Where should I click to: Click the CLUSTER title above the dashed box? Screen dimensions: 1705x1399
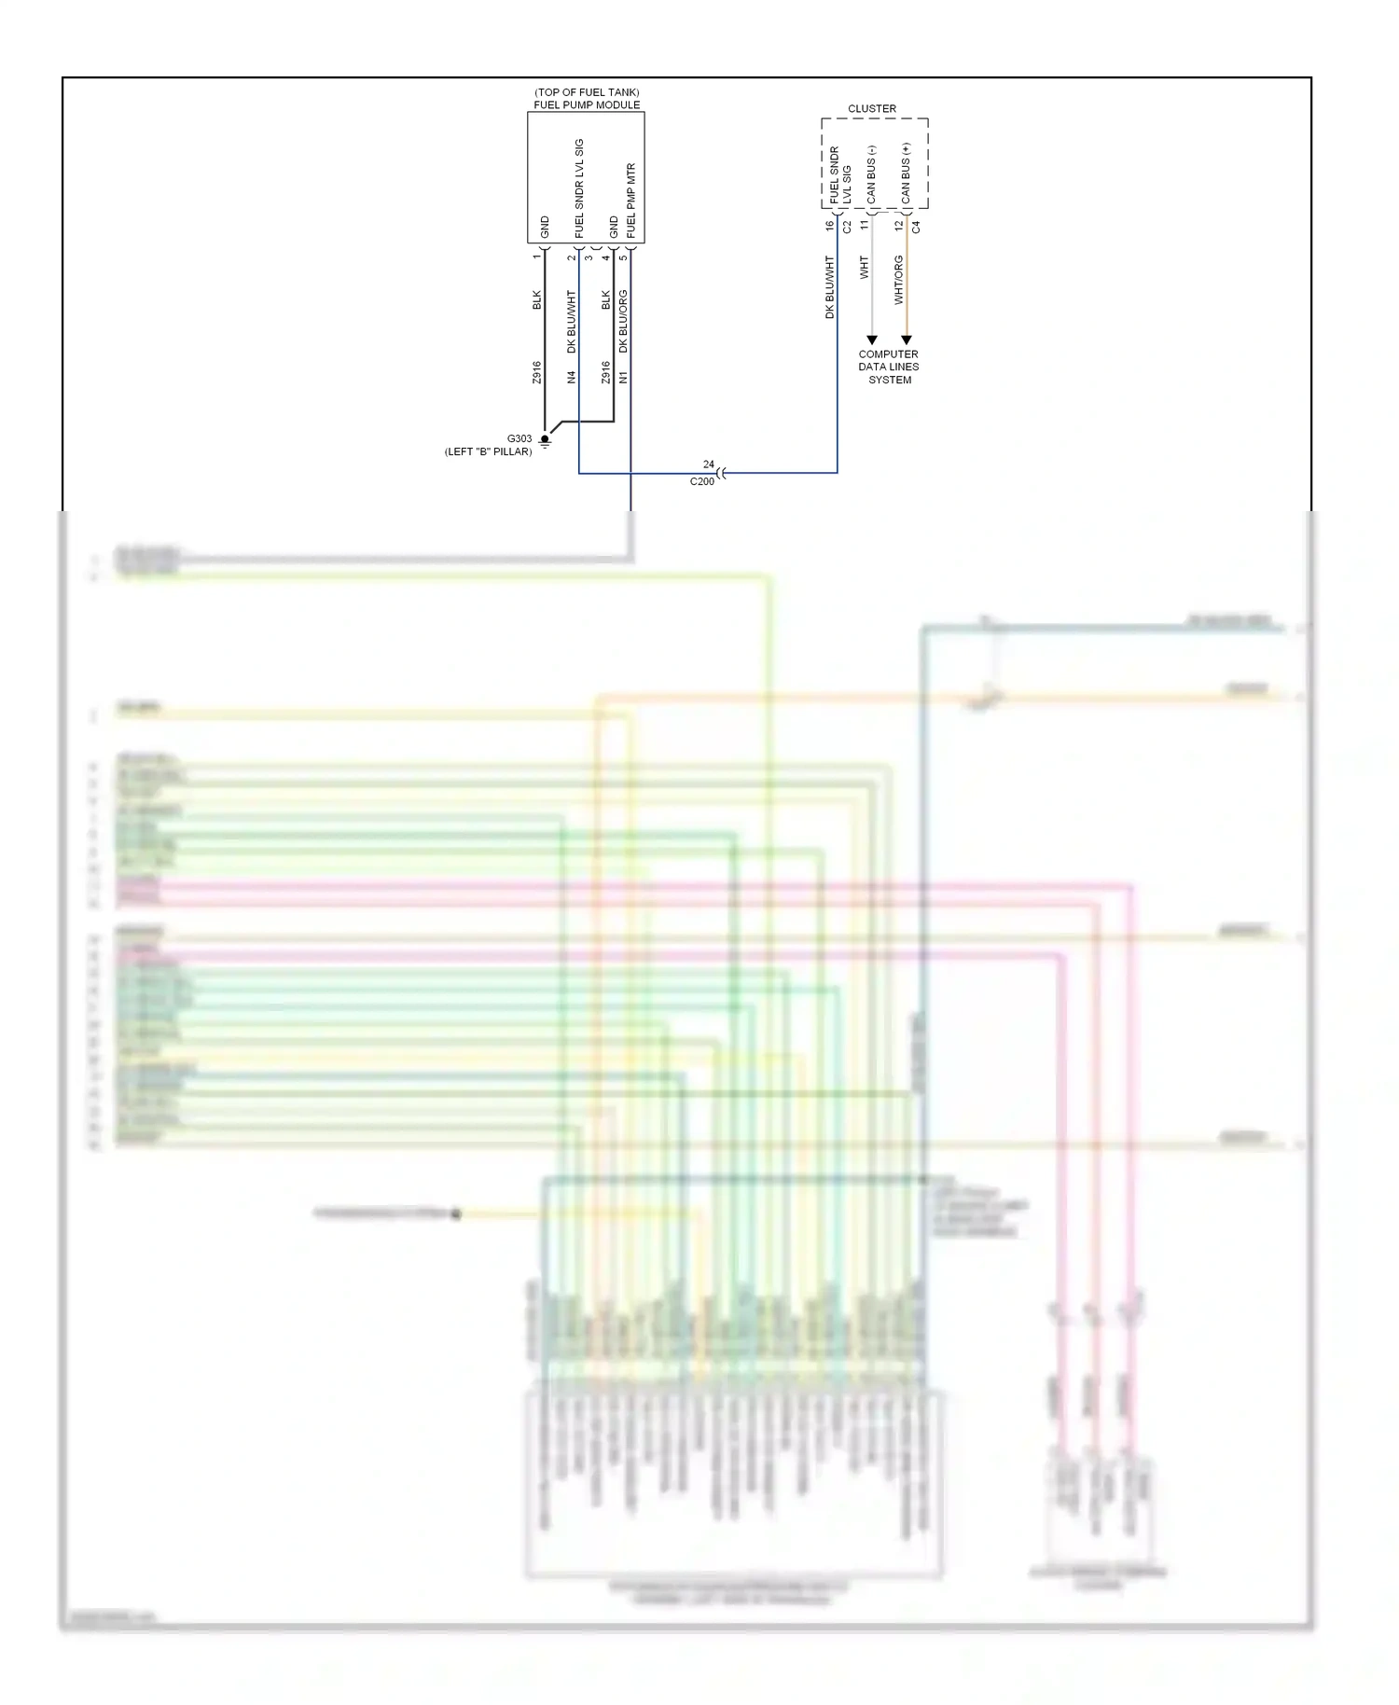tap(871, 109)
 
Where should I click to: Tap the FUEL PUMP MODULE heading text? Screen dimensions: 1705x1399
tap(587, 104)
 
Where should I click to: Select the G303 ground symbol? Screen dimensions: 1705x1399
tap(545, 440)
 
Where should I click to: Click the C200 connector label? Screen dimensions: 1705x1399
tap(701, 481)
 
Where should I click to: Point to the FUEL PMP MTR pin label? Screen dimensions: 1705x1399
tap(630, 201)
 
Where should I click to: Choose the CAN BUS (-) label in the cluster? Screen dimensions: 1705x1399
tap(871, 174)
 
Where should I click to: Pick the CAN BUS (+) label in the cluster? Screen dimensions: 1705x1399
tap(906, 173)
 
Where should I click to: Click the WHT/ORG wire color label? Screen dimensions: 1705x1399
tap(898, 280)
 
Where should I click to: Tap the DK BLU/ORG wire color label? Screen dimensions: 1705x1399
tap(623, 321)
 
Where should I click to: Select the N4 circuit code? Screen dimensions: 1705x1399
tap(572, 377)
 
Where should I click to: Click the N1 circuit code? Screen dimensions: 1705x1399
tap(623, 377)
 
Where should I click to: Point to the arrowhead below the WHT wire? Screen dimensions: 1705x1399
tap(872, 340)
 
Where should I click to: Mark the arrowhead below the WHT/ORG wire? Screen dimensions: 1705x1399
tap(906, 340)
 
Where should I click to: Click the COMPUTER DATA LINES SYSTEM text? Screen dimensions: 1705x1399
tap(889, 367)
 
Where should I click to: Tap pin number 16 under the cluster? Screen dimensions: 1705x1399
tap(829, 226)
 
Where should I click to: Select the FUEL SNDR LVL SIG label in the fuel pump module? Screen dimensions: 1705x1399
tap(579, 188)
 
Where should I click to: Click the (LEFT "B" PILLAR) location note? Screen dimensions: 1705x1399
tap(488, 451)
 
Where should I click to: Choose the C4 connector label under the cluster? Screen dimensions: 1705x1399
tap(916, 227)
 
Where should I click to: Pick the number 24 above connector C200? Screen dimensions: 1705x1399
tap(709, 464)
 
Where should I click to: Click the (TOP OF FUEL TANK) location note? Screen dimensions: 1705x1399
tap(587, 92)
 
